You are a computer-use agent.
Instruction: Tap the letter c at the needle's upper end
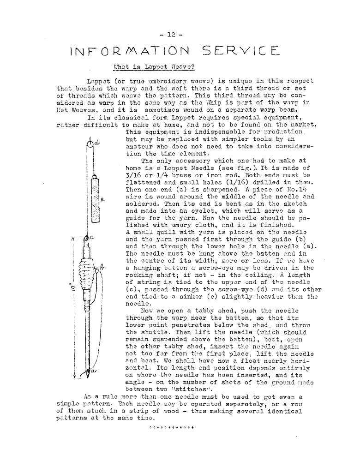pyautogui.click(x=92, y=238)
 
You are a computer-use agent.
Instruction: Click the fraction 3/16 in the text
pyautogui.click(x=133, y=176)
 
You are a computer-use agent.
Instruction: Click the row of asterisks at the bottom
pyautogui.click(x=171, y=426)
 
